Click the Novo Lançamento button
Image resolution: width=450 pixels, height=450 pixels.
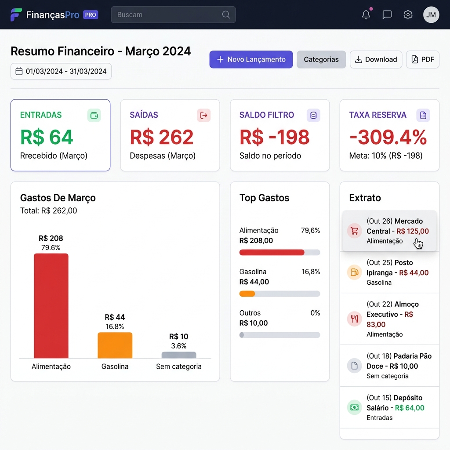[251, 59]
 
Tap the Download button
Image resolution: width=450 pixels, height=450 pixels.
[376, 59]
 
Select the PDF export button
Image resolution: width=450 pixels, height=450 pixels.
[422, 59]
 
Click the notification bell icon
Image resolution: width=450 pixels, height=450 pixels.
[366, 15]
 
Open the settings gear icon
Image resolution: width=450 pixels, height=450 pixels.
[408, 15]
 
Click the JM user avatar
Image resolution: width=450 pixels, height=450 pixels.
[431, 15]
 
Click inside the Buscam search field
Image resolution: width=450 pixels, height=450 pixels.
[169, 15]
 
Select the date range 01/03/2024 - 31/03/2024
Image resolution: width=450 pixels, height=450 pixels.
[61, 71]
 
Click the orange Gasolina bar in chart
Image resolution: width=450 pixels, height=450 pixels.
[115, 345]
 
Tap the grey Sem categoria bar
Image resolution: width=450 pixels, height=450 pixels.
[179, 355]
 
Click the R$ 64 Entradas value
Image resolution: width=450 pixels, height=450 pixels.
[47, 137]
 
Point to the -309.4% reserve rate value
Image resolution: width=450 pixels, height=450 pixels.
[388, 137]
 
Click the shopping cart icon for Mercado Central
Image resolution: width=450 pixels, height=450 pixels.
[354, 231]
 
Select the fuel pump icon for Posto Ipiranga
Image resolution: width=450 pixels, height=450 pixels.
[354, 272]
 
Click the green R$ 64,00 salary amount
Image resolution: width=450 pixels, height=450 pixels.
[410, 408]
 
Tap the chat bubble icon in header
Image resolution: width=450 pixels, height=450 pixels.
[387, 15]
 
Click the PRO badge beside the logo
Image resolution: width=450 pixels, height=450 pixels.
[91, 15]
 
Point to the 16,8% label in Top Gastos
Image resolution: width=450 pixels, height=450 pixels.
[311, 272]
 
